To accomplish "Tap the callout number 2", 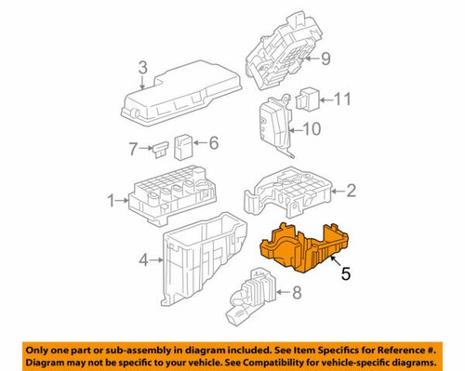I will click(x=352, y=192).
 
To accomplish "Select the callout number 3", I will click(x=142, y=66).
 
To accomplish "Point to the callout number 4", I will click(x=143, y=261).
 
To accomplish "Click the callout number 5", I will click(x=345, y=273).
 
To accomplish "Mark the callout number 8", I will click(x=297, y=296).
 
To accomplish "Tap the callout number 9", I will click(x=326, y=59).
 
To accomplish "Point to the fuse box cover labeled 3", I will click(x=181, y=93).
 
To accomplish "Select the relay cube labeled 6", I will click(x=184, y=144).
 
